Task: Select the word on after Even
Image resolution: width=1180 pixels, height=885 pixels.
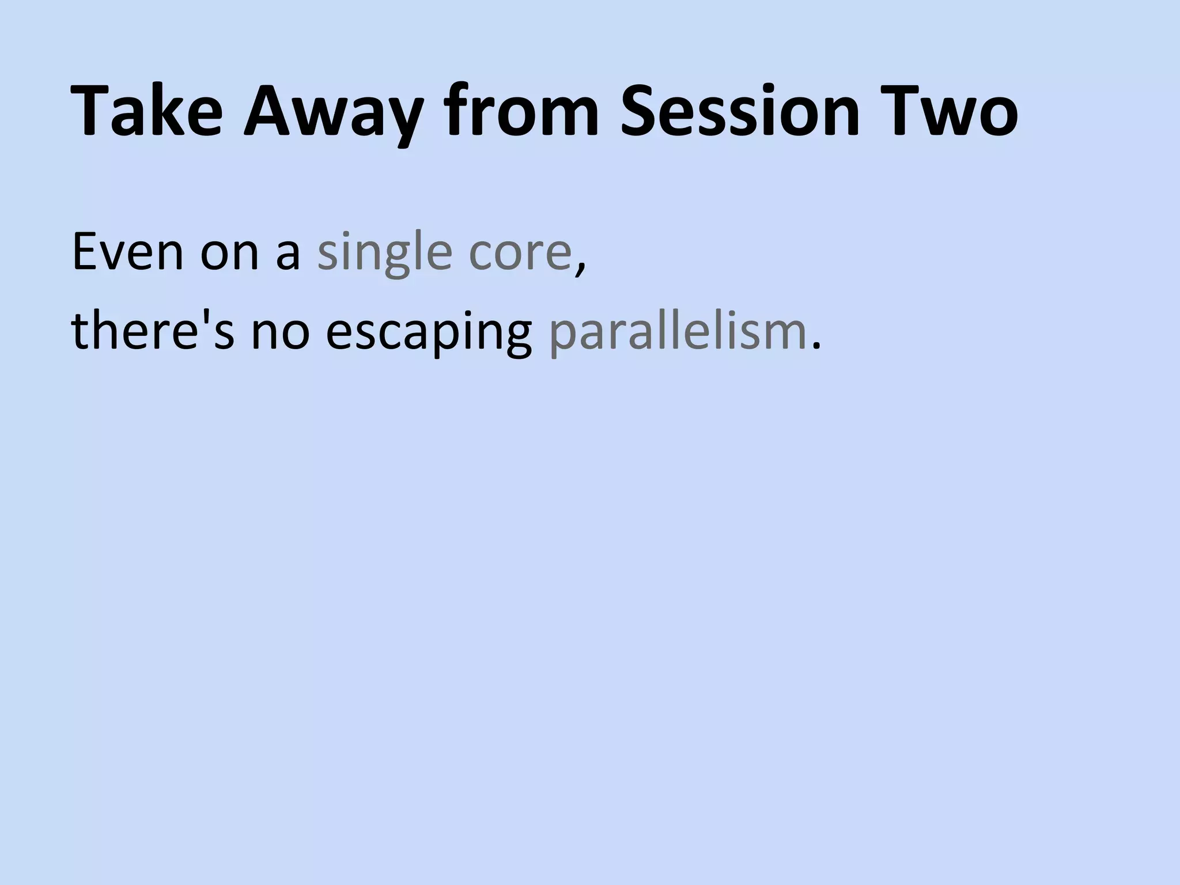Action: point(230,254)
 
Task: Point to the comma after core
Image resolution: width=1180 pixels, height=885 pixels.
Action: point(579,268)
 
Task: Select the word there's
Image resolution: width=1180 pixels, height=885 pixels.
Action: point(153,332)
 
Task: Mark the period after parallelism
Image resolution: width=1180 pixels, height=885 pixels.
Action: point(814,346)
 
